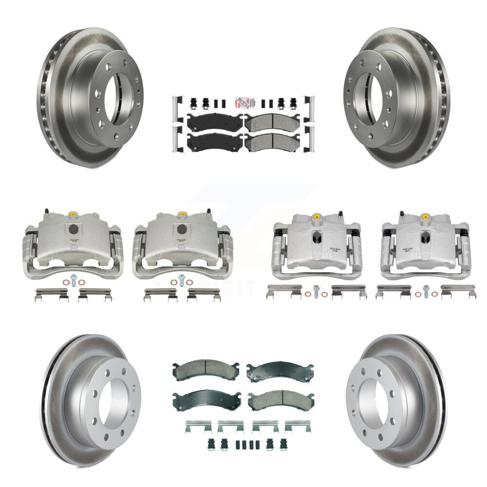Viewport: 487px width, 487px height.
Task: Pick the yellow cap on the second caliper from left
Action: [180, 214]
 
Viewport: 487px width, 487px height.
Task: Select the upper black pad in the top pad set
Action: [214, 123]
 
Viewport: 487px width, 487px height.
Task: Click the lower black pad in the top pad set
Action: [214, 142]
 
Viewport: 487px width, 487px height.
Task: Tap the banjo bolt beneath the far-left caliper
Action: [72, 281]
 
